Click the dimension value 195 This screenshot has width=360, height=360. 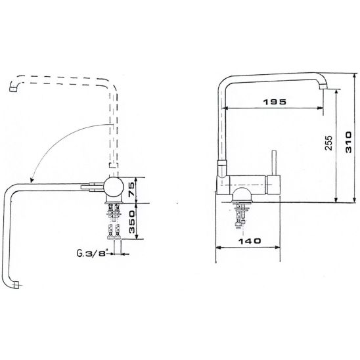[275, 102]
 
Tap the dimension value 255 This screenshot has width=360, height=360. [328, 143]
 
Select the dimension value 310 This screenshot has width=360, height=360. [348, 142]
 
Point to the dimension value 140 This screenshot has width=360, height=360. [250, 241]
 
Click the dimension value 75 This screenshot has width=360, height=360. [132, 190]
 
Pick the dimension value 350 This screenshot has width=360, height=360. [132, 222]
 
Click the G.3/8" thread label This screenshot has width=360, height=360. [92, 253]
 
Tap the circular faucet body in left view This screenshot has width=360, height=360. [114, 187]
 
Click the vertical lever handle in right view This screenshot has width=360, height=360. [274, 163]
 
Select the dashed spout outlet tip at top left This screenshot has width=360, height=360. [13, 89]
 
